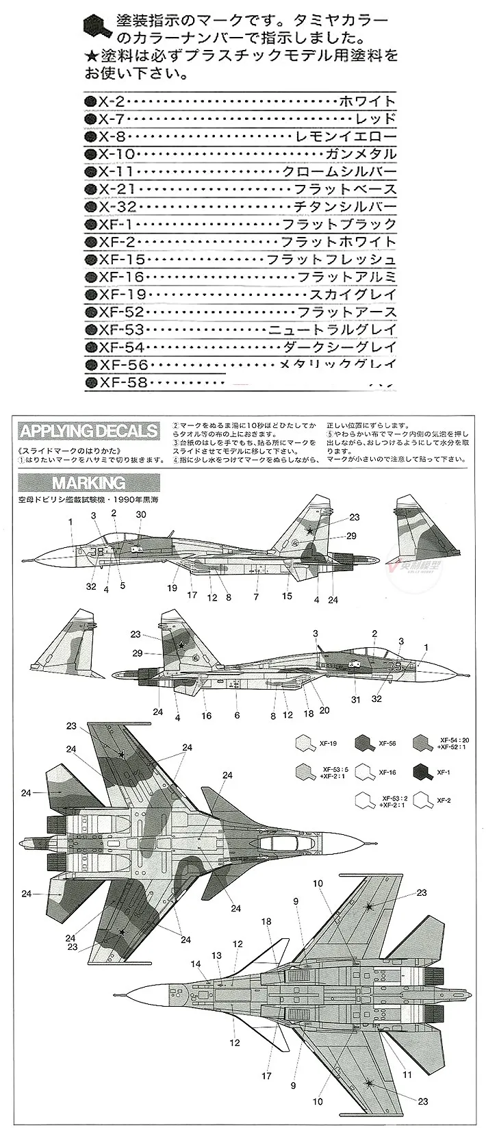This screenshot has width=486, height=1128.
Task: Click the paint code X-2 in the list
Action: pos(111,101)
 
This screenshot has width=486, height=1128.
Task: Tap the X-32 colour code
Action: pos(118,207)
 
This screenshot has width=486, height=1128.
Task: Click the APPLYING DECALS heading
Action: pos(89,431)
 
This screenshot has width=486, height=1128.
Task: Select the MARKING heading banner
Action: pos(89,482)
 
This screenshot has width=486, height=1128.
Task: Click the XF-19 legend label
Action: pos(328,742)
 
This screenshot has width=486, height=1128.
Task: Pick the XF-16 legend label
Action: pos(388,772)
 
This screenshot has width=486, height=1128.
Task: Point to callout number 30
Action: pos(141,514)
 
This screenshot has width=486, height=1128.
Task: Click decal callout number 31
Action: pos(355,699)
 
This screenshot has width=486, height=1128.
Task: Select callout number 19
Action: pos(172,588)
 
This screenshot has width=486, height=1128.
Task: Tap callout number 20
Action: pos(324,710)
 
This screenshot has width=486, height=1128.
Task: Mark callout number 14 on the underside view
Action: pos(196,964)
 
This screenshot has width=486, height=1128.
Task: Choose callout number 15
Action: pos(287,597)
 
